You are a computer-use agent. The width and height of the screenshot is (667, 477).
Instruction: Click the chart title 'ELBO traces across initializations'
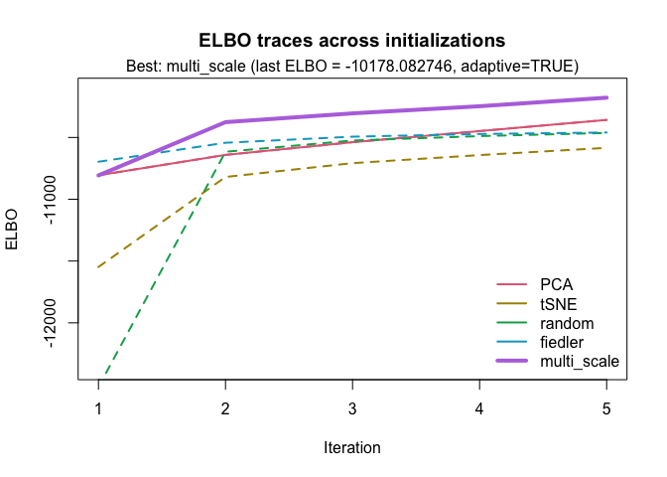[x=352, y=41]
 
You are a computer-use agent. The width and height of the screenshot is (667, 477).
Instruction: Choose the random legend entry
[x=566, y=323]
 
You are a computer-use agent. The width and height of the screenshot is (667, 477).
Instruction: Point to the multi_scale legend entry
[x=579, y=361]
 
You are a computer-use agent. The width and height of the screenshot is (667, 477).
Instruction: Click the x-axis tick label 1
[x=98, y=408]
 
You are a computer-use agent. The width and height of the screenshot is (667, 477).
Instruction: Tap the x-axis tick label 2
[x=225, y=408]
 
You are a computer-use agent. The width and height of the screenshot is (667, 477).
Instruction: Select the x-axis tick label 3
[x=352, y=408]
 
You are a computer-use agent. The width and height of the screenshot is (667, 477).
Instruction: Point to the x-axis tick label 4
[x=479, y=408]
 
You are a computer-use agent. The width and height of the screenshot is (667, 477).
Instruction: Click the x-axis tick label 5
[x=606, y=408]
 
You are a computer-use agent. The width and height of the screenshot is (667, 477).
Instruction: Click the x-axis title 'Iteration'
[x=352, y=447]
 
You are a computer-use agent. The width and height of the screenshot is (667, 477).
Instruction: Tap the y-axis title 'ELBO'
[x=14, y=229]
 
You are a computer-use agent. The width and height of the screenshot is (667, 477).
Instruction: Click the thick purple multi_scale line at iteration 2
[x=225, y=122]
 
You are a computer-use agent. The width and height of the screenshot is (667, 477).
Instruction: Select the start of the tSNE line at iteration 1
[x=98, y=267]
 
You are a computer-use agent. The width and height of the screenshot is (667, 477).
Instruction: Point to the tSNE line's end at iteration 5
[x=606, y=148]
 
